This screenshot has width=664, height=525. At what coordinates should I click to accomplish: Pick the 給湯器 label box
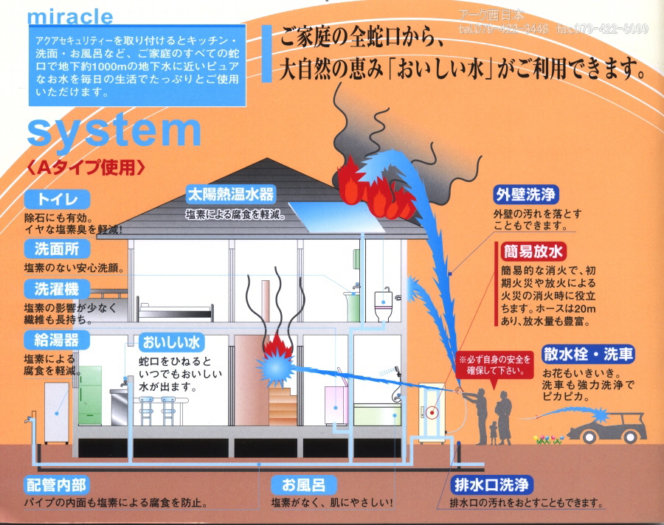[57, 340]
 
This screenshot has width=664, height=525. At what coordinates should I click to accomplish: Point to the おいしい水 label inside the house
[171, 343]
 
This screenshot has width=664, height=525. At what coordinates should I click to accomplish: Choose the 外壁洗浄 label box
[526, 195]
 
